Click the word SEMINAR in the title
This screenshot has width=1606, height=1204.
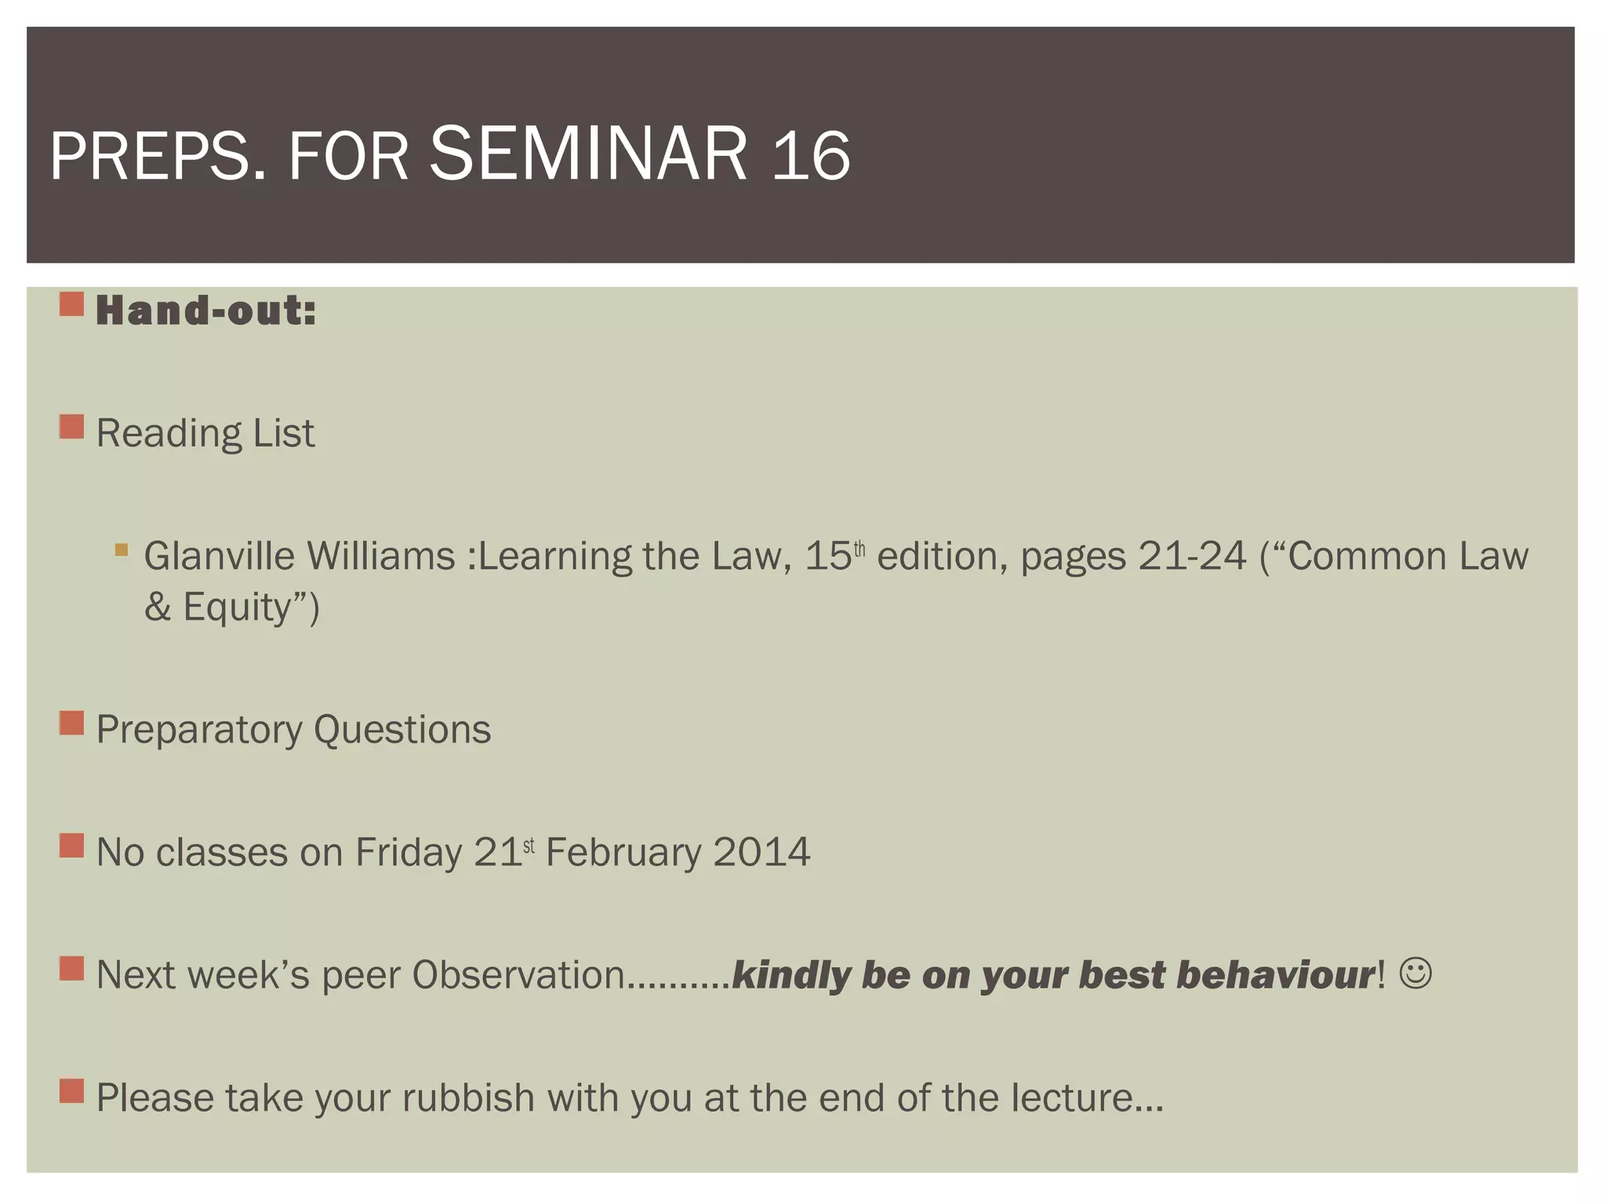588,154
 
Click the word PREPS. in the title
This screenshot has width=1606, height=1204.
157,157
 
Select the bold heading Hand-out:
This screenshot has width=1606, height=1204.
205,310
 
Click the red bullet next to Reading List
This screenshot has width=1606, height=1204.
71,427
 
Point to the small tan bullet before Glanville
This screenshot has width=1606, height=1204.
121,549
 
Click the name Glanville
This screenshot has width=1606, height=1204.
220,557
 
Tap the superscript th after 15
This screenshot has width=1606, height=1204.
859,549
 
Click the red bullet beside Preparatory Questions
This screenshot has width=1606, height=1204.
71,723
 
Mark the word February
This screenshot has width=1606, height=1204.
623,852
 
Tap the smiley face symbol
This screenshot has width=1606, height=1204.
1415,974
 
